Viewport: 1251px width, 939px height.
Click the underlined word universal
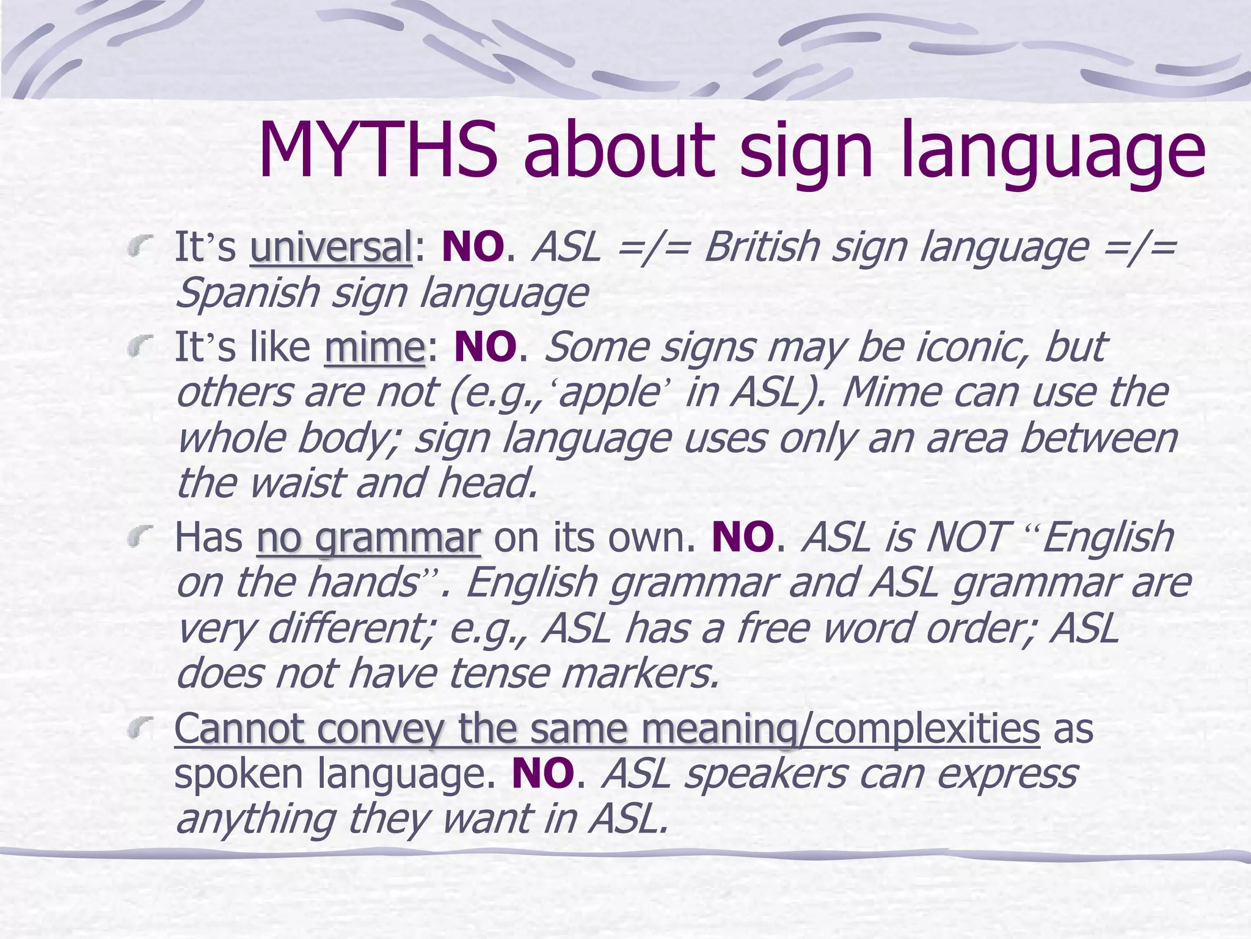tap(331, 247)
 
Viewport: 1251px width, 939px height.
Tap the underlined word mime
tap(374, 347)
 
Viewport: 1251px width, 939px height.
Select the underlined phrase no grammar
tap(368, 538)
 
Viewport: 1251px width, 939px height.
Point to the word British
tap(762, 247)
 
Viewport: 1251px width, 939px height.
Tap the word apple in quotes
tap(607, 392)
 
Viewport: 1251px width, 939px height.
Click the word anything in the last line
tap(255, 819)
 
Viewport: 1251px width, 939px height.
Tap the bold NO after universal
tap(473, 247)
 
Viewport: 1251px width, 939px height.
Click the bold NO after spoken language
tap(543, 774)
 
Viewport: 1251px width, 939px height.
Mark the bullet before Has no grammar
tap(140, 538)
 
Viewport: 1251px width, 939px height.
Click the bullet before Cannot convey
tap(140, 728)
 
